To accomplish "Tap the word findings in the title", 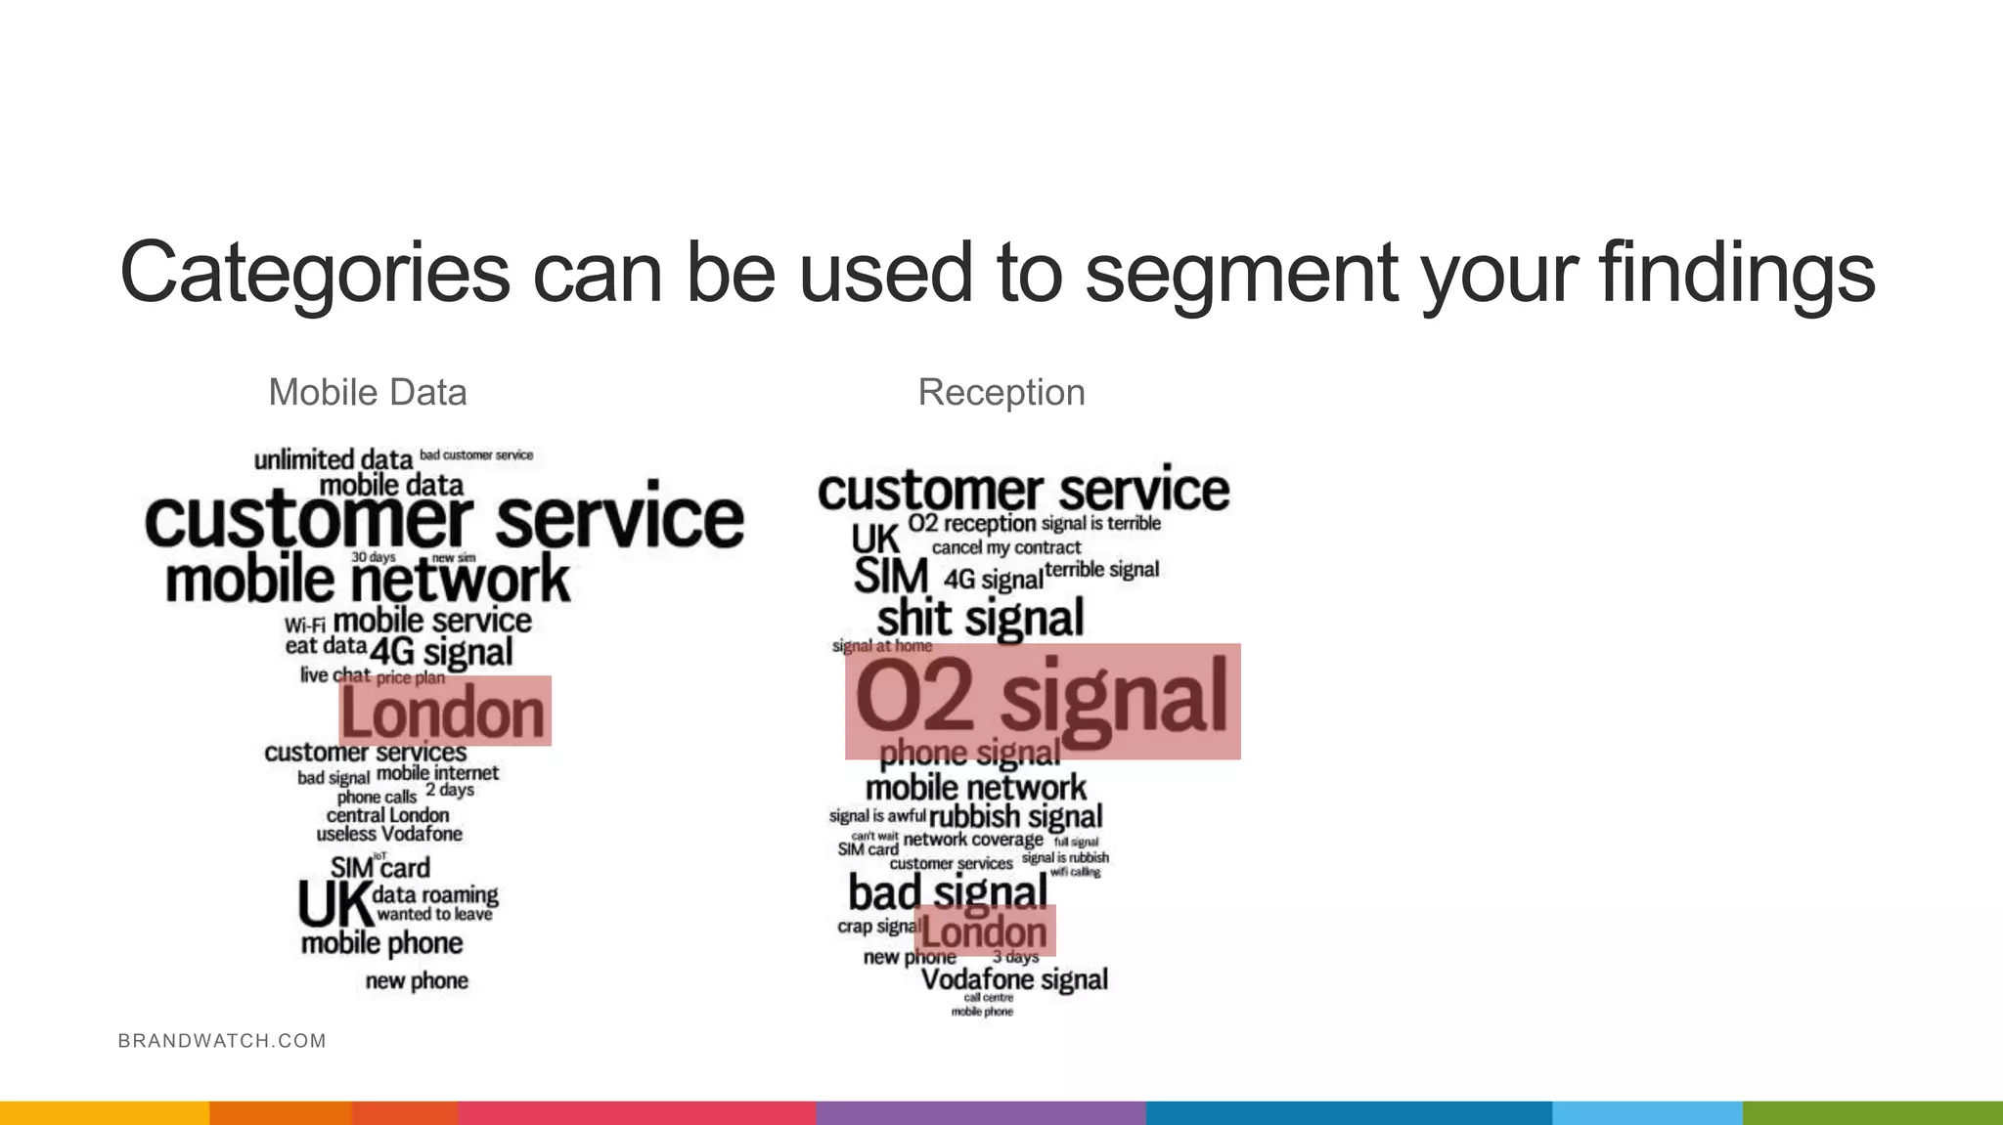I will (1736, 273).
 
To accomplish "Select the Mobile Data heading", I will (368, 393).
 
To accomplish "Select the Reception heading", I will (1001, 393).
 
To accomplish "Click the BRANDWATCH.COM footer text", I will (222, 1041).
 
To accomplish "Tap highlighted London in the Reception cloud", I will (985, 931).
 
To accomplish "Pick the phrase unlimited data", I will (334, 459).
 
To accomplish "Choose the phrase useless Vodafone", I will (389, 834).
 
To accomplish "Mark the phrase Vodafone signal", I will (1014, 978).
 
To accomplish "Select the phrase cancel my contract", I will (1006, 547).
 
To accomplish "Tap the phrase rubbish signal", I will (1015, 816).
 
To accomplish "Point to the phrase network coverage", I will (973, 840).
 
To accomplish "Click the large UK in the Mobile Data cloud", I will (334, 904).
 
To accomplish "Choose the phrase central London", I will (387, 815).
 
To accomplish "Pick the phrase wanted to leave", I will (434, 915).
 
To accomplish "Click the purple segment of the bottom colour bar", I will (980, 1113).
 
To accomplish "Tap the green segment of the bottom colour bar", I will (1872, 1113).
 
